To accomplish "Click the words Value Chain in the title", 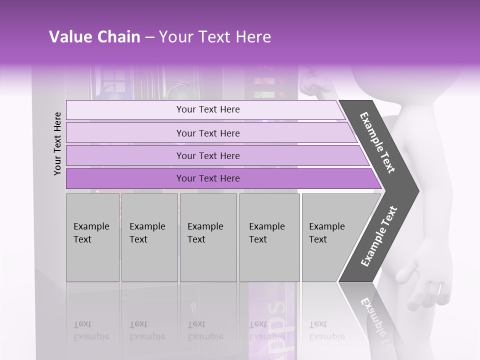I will [94, 37].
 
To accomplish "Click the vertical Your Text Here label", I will [57, 143].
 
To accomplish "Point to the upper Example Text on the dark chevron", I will [377, 142].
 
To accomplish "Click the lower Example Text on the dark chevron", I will [378, 236].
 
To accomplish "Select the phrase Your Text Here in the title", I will [215, 37].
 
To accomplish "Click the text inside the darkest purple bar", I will [208, 178].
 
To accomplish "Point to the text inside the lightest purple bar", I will [208, 109].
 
